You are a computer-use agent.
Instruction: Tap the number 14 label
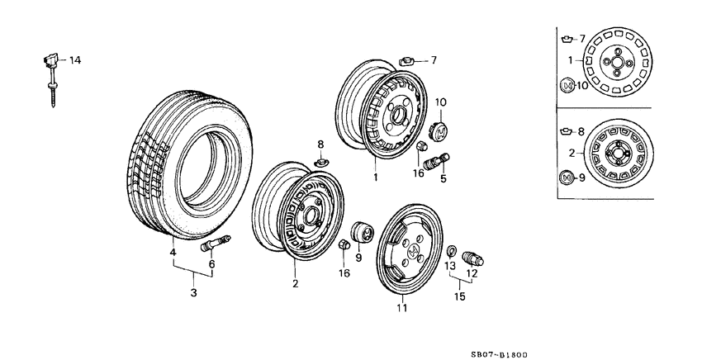(75, 60)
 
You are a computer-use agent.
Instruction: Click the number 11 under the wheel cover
(401, 309)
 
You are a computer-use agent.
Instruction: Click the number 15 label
(460, 296)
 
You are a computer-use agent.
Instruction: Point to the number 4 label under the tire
(173, 252)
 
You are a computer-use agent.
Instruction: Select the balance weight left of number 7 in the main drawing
(409, 59)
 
